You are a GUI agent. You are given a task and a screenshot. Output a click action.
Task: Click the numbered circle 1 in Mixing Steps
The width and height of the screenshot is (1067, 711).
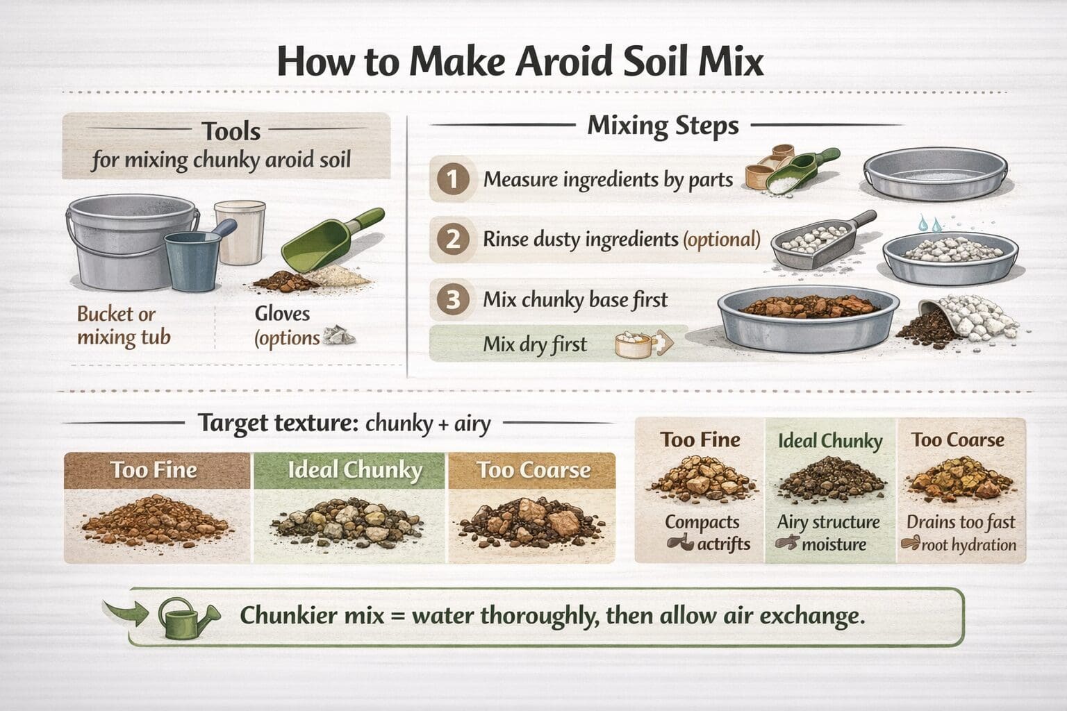(452, 180)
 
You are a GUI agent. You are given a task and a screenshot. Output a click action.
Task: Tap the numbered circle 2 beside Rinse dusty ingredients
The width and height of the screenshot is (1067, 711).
(452, 240)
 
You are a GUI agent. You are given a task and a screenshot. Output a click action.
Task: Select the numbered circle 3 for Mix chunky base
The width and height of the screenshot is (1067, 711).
(452, 300)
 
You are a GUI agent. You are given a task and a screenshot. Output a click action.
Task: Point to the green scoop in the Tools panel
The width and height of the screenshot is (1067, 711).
(326, 243)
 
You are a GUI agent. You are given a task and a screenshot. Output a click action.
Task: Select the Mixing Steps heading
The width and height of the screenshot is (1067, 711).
(663, 126)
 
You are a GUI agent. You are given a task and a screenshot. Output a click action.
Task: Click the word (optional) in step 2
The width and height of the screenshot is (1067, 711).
(722, 240)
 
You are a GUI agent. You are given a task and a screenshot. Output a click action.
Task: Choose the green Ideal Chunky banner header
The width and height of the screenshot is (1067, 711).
(354, 470)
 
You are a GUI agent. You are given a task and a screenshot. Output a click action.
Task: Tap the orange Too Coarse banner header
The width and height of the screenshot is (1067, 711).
(533, 470)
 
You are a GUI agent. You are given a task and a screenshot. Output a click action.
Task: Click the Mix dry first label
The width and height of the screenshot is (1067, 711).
(535, 344)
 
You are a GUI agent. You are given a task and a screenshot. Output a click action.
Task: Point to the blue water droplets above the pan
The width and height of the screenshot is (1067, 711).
(930, 224)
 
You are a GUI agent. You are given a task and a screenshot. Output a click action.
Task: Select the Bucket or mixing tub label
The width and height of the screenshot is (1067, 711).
(123, 326)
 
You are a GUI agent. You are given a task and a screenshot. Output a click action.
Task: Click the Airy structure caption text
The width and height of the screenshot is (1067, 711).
(828, 522)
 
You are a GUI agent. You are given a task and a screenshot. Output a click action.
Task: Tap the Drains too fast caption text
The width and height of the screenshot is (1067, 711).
(960, 522)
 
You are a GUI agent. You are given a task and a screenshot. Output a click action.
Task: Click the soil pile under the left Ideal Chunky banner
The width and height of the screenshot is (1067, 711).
(347, 521)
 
